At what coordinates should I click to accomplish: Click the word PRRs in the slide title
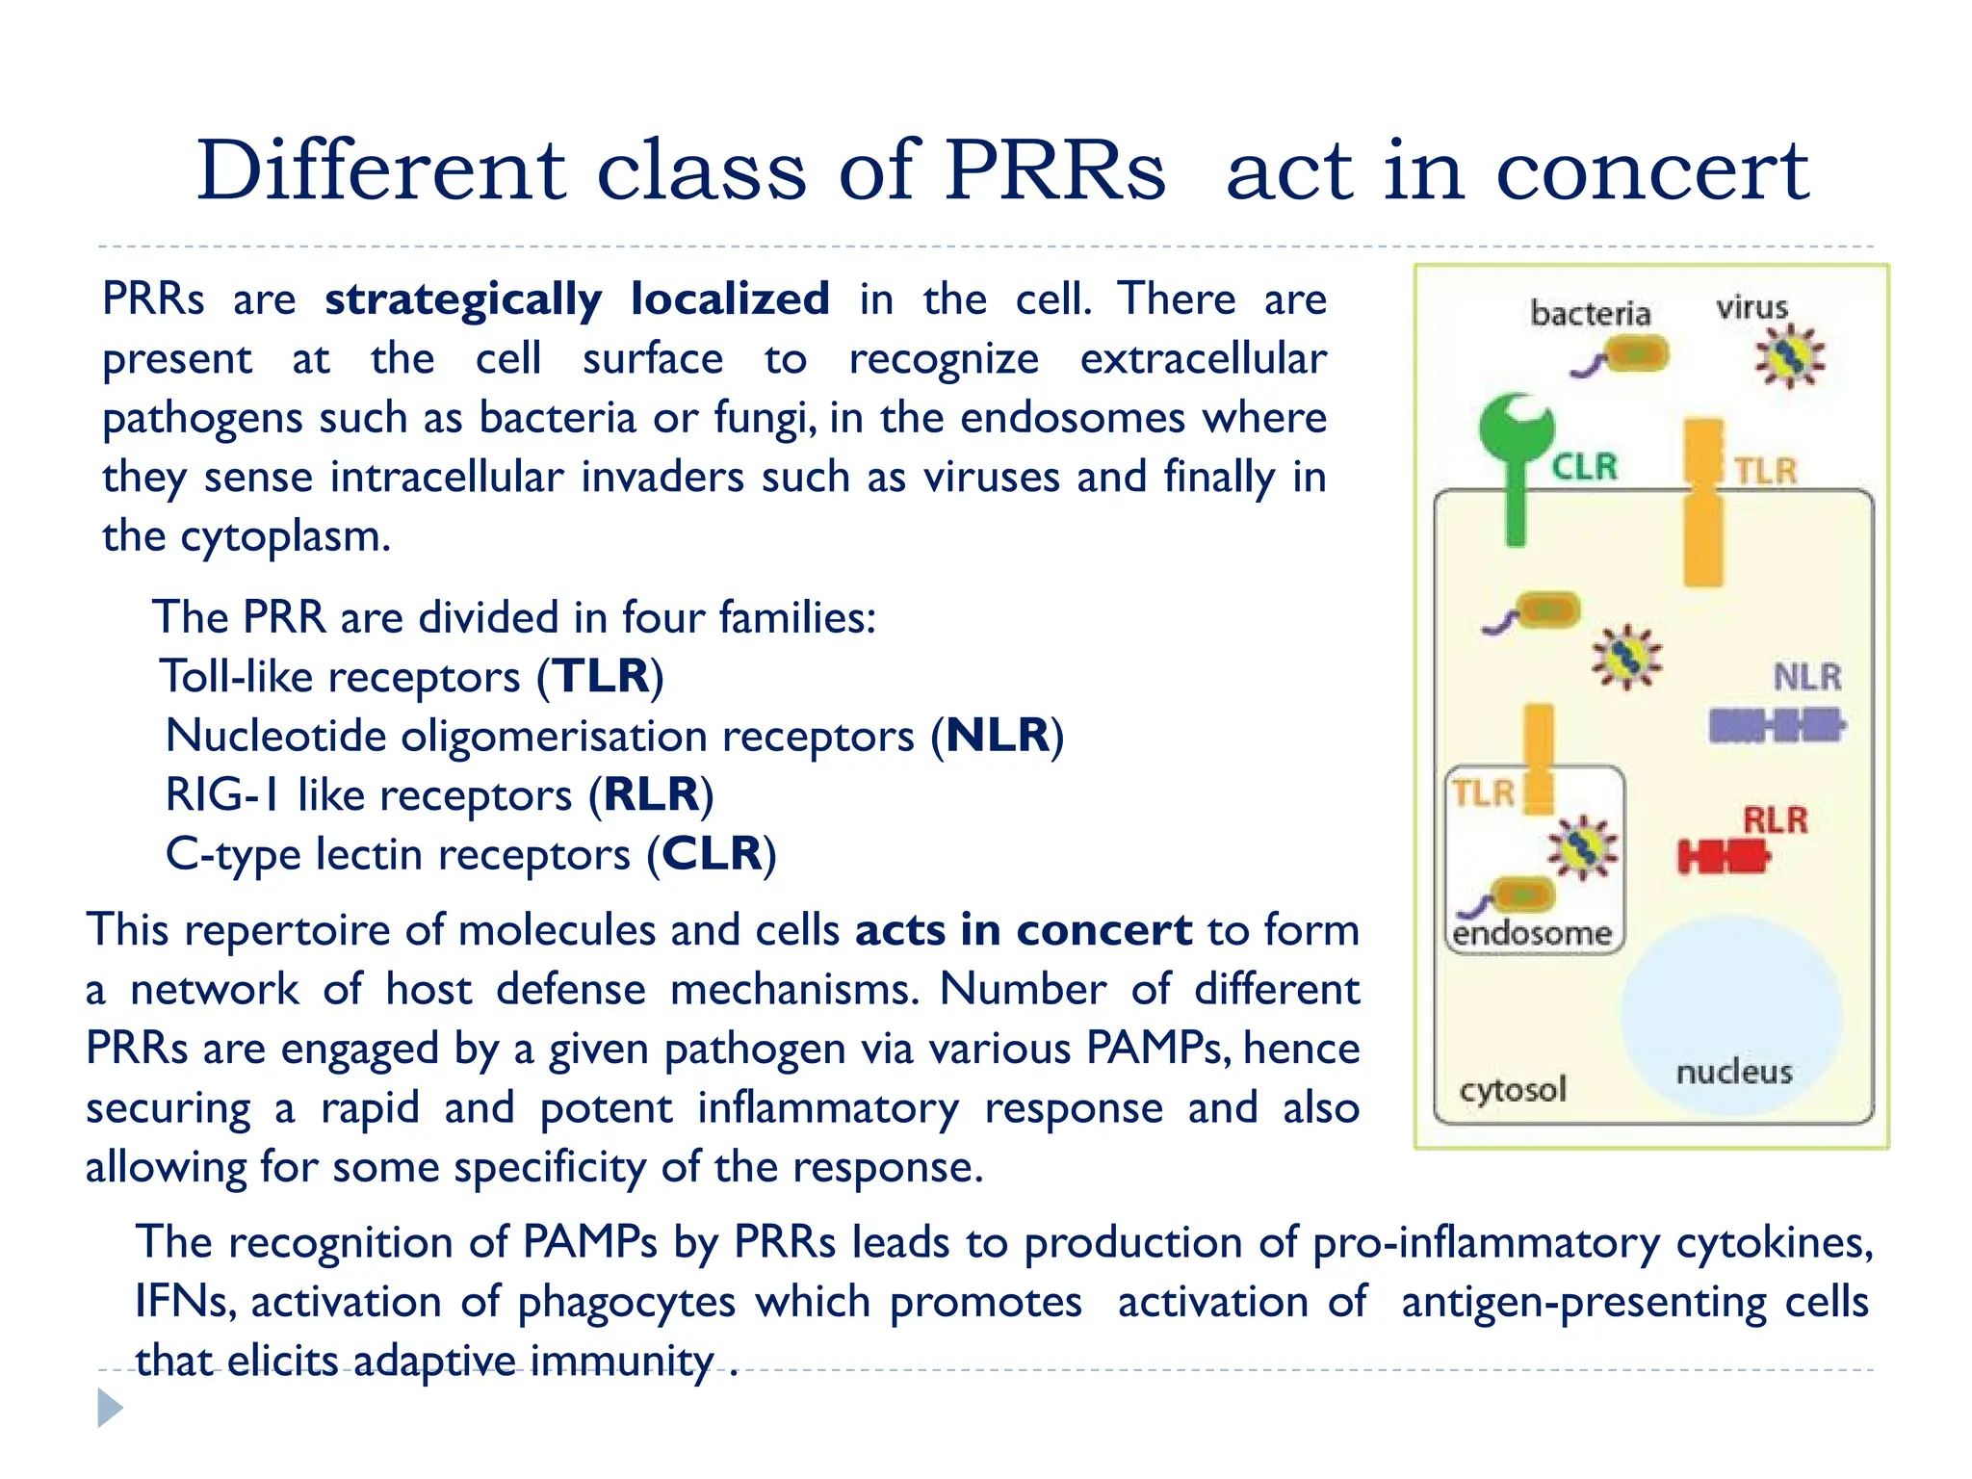pyautogui.click(x=1054, y=171)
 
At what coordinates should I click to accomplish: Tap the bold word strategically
pyautogui.click(x=463, y=299)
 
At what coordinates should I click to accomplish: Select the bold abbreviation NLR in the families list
pyautogui.click(x=997, y=736)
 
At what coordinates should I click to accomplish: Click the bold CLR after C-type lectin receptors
pyautogui.click(x=711, y=854)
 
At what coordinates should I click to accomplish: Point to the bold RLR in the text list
pyautogui.click(x=651, y=795)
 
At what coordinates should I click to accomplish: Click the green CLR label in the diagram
pyautogui.click(x=1584, y=468)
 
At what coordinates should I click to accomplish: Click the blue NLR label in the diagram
pyautogui.click(x=1806, y=677)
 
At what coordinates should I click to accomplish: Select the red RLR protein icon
pyautogui.click(x=1723, y=856)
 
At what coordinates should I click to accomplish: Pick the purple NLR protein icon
pyautogui.click(x=1776, y=725)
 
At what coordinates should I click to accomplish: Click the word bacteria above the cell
pyautogui.click(x=1590, y=314)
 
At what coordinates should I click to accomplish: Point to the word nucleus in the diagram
pyautogui.click(x=1733, y=1072)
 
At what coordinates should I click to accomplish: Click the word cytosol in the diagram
pyautogui.click(x=1513, y=1089)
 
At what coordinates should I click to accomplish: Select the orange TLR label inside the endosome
pyautogui.click(x=1483, y=793)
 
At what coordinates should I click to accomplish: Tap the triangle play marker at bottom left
pyautogui.click(x=110, y=1408)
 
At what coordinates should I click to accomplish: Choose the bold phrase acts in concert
pyautogui.click(x=1023, y=930)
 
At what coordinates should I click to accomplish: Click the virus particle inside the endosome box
pyautogui.click(x=1582, y=846)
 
